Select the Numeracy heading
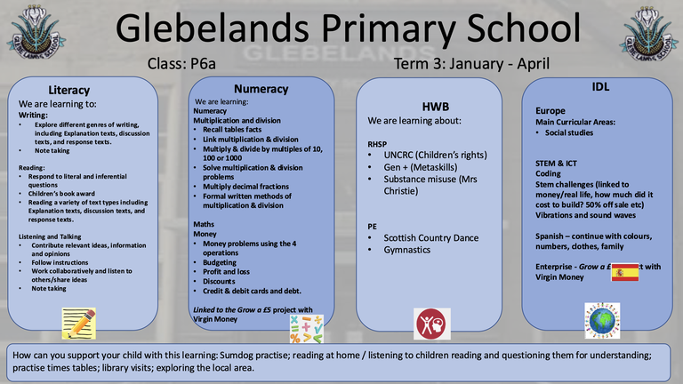point(261,89)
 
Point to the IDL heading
point(599,86)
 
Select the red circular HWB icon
point(431,321)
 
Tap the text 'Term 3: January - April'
point(471,64)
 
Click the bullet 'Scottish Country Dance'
point(430,237)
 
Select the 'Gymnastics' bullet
point(406,250)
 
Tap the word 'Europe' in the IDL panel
point(543,110)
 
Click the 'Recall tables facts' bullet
point(234,130)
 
